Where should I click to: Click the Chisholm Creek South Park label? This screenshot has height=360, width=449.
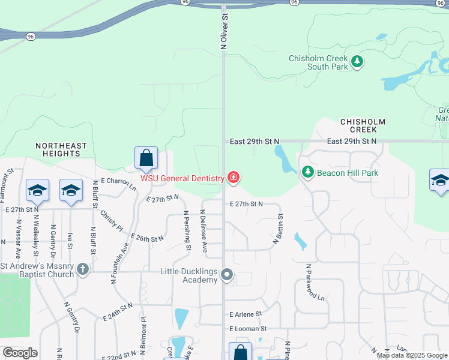click(318, 62)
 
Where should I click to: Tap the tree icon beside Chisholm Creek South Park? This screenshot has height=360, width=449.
click(357, 62)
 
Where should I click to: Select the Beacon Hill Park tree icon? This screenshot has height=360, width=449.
click(308, 172)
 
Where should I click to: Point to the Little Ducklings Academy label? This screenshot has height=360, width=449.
click(188, 275)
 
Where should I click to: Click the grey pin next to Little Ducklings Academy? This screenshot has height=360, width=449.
click(227, 275)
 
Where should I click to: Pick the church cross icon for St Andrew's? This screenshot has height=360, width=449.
click(82, 269)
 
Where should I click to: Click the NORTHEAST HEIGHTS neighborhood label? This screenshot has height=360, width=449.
click(61, 149)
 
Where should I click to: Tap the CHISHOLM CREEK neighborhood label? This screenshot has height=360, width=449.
click(358, 125)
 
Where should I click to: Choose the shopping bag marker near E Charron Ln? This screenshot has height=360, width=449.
click(146, 158)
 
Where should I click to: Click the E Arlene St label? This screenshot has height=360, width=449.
click(246, 314)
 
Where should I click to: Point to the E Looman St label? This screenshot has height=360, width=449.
click(247, 329)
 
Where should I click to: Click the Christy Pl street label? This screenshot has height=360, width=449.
click(112, 220)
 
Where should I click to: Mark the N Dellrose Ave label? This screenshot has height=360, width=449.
click(204, 231)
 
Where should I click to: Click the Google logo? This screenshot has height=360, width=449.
click(20, 353)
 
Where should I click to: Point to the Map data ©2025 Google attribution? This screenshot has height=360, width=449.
click(412, 355)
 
